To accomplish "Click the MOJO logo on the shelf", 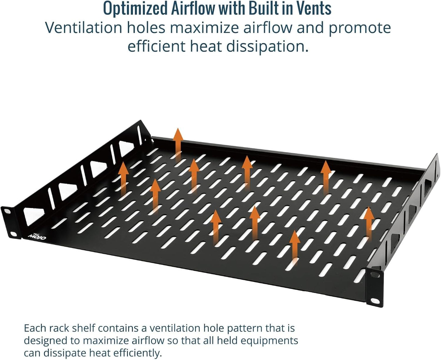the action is point(37,236).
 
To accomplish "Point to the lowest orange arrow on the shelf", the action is point(295,248).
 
